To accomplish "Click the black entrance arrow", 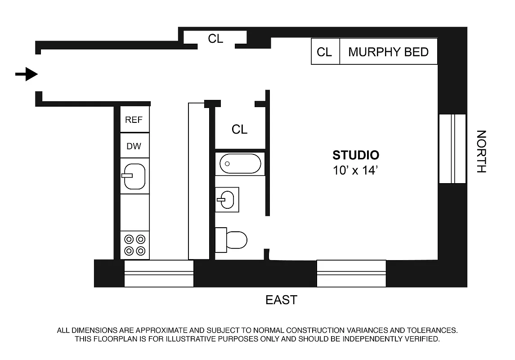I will pos(27,74).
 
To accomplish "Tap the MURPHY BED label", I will pos(388,52).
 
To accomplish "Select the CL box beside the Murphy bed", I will pos(325,52).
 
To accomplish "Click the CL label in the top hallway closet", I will pos(215,39).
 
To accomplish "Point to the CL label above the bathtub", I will pos(239,130).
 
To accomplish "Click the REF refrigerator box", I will pos(134,120).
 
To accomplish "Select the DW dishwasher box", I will pos(134,146).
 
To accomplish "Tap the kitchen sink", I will pos(134,176).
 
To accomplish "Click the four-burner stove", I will pos(135,245).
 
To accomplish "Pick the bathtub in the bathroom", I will pos(240,164).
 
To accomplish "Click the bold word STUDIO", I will pos(356,155).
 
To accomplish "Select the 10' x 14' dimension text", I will pos(355,171).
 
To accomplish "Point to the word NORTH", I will pos(481,152).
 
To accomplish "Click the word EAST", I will pos(281,300).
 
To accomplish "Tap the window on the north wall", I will pos(452,148).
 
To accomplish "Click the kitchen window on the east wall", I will pos(159,273).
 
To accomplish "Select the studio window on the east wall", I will pos(351,273).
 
